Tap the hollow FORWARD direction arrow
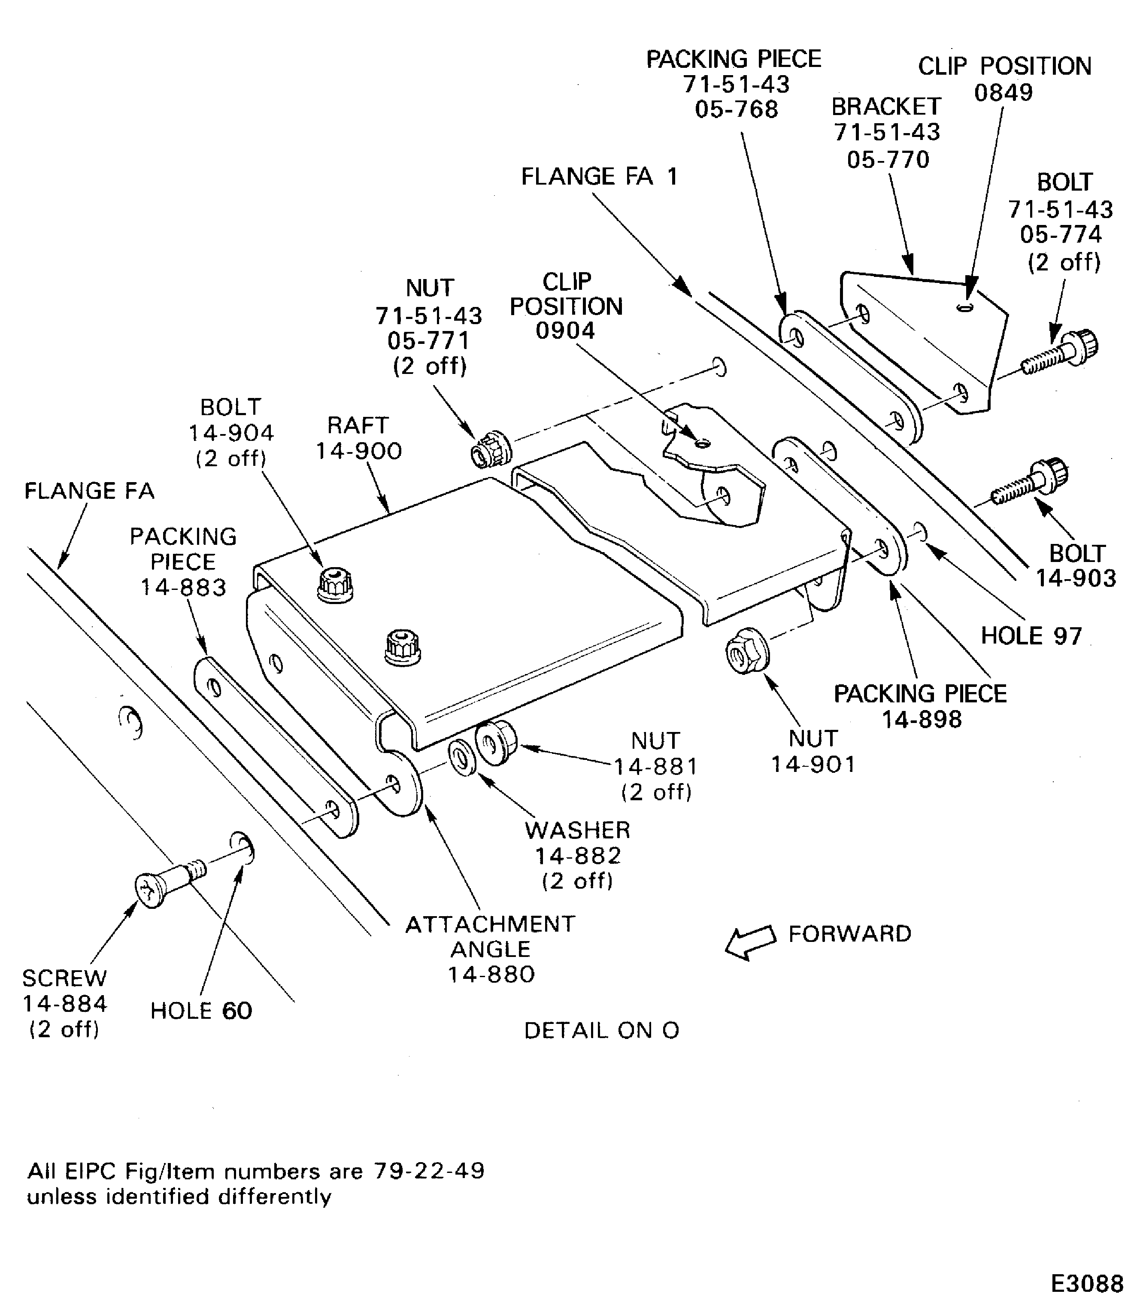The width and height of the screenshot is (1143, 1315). click(x=750, y=941)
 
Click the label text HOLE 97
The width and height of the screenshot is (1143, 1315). click(x=1031, y=636)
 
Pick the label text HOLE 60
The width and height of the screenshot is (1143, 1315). click(x=201, y=1011)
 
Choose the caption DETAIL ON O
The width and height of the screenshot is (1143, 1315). click(x=601, y=1030)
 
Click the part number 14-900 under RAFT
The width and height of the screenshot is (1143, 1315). click(x=358, y=451)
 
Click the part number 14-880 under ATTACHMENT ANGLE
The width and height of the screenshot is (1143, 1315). click(x=491, y=974)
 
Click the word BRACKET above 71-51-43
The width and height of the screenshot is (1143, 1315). click(x=886, y=106)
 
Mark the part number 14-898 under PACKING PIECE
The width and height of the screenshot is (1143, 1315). click(x=921, y=719)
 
